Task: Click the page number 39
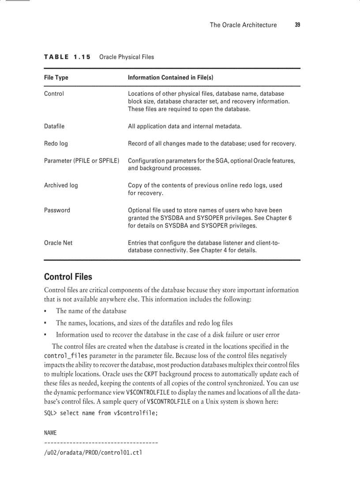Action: (x=297, y=25)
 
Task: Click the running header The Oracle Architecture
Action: (x=243, y=25)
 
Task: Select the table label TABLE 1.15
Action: (x=67, y=57)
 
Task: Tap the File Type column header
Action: (x=56, y=78)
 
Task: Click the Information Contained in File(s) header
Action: (x=170, y=78)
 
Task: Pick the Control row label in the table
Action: (x=54, y=93)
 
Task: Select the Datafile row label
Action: (x=54, y=127)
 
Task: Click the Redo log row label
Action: (x=56, y=144)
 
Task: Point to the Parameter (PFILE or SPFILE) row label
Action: (x=82, y=160)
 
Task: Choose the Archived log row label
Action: (x=61, y=186)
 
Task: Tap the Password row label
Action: (x=57, y=210)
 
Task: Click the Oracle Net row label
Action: (x=58, y=243)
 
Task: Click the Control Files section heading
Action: (x=68, y=277)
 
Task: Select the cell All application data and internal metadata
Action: (x=184, y=127)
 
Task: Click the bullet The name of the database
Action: (x=91, y=311)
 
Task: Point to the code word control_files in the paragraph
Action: (x=66, y=355)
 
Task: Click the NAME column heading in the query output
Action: (x=50, y=433)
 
